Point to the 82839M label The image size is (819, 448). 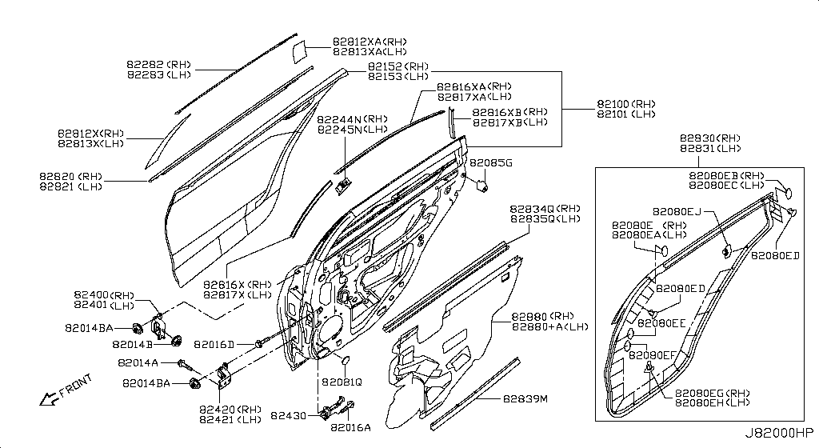[525, 398]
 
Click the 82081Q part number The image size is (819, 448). [342, 382]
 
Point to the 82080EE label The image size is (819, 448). [662, 323]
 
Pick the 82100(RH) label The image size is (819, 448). [625, 104]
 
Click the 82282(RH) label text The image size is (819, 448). [158, 64]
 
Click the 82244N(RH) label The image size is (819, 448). [352, 119]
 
